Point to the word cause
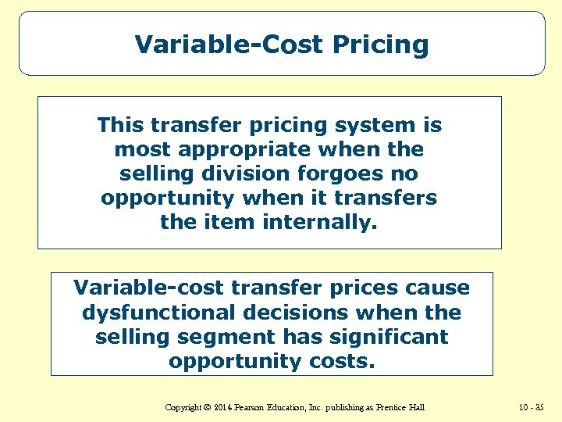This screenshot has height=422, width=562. [440, 288]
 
